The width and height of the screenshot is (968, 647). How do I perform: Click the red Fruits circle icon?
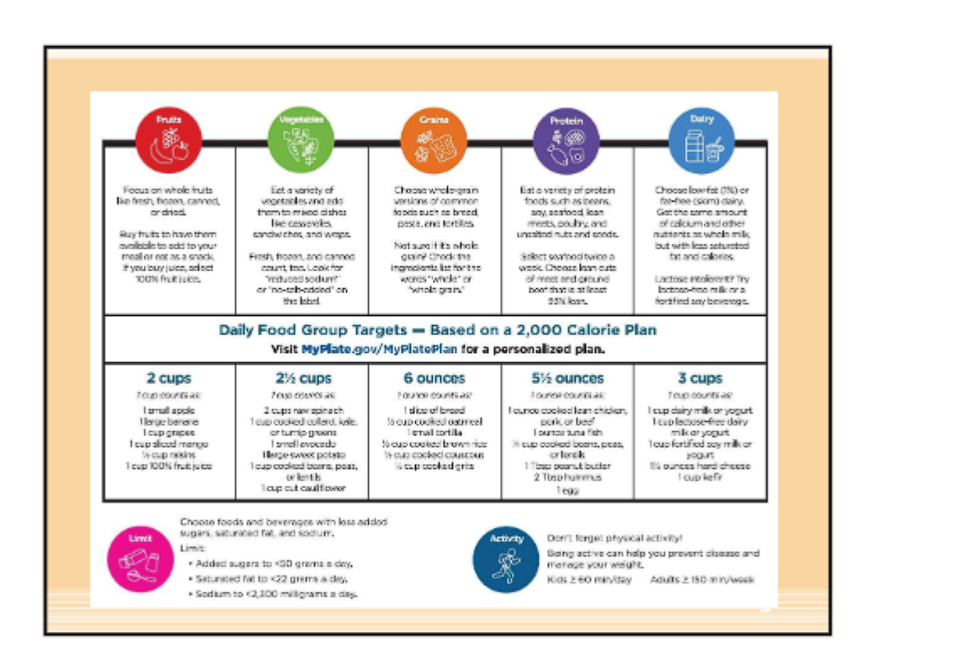point(169,140)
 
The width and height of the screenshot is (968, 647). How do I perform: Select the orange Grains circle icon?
point(434,140)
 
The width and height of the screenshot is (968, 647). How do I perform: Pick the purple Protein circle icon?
point(567,140)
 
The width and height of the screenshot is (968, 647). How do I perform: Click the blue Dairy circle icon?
point(701,140)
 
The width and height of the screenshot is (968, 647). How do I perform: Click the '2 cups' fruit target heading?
point(169,379)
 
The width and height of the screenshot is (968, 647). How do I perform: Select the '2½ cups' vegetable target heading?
point(302,379)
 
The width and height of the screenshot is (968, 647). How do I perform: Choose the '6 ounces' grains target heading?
point(434,379)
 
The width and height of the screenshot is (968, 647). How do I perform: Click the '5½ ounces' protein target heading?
point(567,379)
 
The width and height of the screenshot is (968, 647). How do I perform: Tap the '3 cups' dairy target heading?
point(701,379)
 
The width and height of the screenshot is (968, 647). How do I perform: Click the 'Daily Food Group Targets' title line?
point(437,330)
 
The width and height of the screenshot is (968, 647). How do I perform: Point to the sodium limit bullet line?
point(272,594)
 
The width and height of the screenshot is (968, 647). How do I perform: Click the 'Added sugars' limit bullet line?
point(270,563)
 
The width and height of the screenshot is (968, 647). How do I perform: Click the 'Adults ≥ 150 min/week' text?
point(702,580)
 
